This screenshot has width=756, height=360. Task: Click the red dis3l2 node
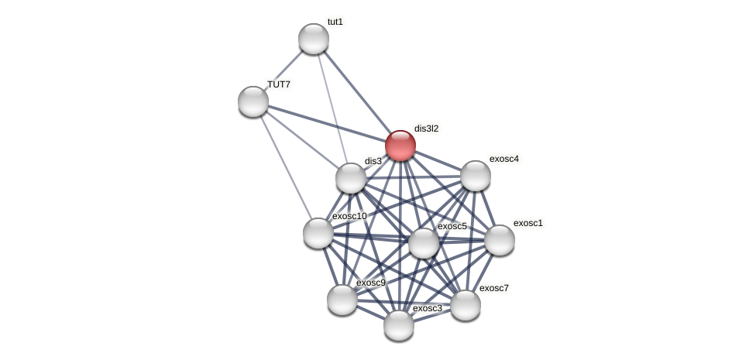pyautogui.click(x=400, y=146)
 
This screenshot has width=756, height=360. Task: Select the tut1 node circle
pyautogui.click(x=314, y=39)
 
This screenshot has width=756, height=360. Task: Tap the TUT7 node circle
pyautogui.click(x=253, y=101)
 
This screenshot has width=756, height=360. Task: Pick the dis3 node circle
pyautogui.click(x=351, y=178)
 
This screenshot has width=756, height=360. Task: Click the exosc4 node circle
pyautogui.click(x=476, y=176)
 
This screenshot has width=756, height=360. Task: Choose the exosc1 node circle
pyautogui.click(x=500, y=240)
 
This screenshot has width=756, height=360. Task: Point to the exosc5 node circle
pyautogui.click(x=424, y=243)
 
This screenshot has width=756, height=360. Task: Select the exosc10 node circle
pyautogui.click(x=318, y=233)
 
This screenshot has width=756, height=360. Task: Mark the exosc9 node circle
pyautogui.click(x=342, y=300)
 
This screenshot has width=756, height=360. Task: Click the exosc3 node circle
pyautogui.click(x=399, y=325)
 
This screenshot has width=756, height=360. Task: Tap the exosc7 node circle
pyautogui.click(x=466, y=305)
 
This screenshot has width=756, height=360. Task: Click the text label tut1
pyautogui.click(x=335, y=22)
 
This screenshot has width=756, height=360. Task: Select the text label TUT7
pyautogui.click(x=279, y=84)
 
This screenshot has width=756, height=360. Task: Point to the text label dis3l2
pyautogui.click(x=426, y=129)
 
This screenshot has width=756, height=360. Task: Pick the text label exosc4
pyautogui.click(x=503, y=159)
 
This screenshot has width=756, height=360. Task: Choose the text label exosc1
pyautogui.click(x=528, y=223)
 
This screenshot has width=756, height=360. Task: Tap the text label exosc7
pyautogui.click(x=494, y=288)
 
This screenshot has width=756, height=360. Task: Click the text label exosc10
pyautogui.click(x=349, y=216)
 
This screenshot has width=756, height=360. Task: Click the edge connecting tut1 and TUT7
pyautogui.click(x=283, y=70)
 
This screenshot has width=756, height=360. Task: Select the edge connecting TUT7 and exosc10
pyautogui.click(x=286, y=167)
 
